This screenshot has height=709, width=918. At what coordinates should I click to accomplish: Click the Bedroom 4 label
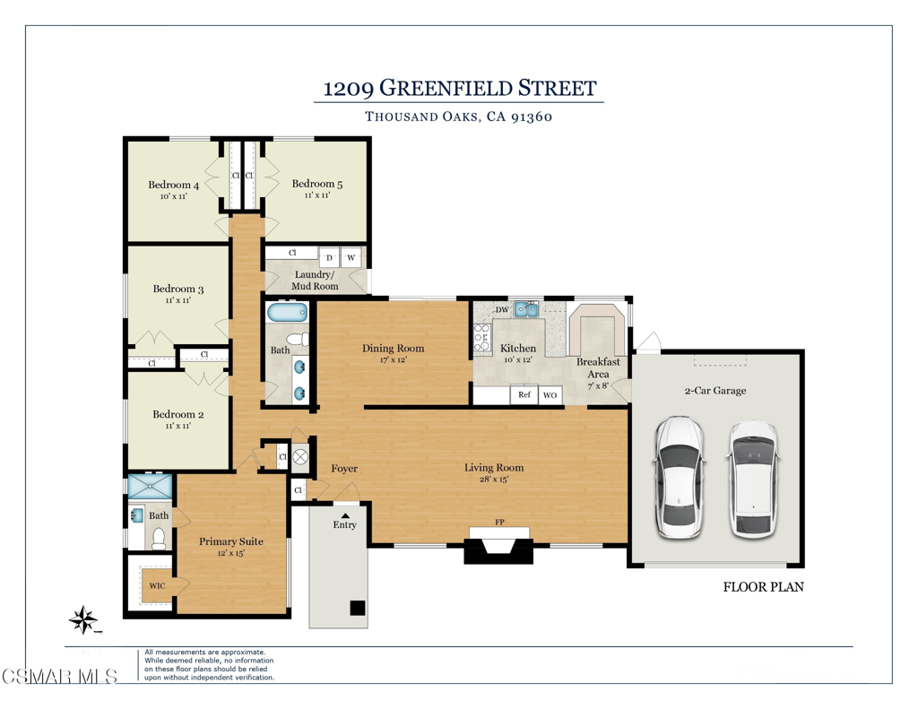pos(173,185)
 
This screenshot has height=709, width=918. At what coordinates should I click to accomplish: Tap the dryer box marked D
pos(330,257)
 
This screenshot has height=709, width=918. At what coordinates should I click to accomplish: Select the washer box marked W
pos(351,257)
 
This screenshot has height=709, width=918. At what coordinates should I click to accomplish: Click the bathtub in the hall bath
pos(288,312)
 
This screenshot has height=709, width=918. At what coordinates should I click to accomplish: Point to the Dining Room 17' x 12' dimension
pos(393,359)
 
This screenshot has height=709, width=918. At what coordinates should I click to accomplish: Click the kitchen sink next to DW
pos(526,309)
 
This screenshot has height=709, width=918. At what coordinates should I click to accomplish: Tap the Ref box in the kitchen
pos(524,394)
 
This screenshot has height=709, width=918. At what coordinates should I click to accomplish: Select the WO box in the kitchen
pos(550,395)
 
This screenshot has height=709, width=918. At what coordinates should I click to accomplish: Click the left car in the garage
pos(679,477)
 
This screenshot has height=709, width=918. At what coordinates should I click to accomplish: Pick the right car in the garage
pos(755,479)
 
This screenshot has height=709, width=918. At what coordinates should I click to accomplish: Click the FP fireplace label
pos(499,523)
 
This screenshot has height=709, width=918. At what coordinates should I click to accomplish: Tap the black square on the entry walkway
pos(358,608)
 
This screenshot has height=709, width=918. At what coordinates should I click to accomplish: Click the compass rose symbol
pos(83,619)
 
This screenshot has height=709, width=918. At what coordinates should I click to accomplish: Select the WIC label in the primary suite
pos(157,585)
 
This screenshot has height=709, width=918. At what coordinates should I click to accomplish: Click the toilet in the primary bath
pos(159,539)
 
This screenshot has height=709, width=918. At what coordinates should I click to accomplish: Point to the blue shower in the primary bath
pos(151,487)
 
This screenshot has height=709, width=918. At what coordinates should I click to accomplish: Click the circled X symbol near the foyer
pos(300,456)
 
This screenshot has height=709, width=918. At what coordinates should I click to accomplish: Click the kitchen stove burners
pos(481,338)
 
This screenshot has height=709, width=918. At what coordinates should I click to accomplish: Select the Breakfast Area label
pos(598,367)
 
